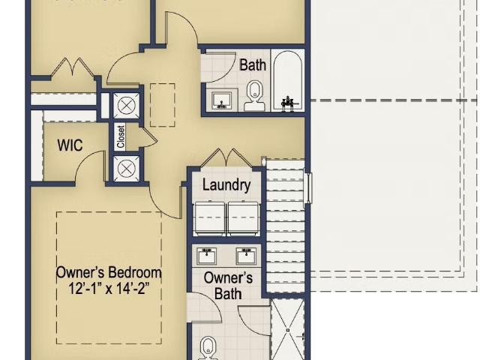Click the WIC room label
70,145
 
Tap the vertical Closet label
121,136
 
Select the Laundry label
226,185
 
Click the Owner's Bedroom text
109,272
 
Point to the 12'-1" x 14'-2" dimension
109,288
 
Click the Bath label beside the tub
253,65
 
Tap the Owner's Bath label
228,286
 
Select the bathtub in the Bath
288,80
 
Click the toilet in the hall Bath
253,96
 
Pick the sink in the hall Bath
221,100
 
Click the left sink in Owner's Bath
207,256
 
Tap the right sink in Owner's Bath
246,256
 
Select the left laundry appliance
210,218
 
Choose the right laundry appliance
244,218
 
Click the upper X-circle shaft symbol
127,106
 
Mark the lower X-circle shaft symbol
127,169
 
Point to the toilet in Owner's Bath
208,348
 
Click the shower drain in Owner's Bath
288,330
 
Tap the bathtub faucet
287,103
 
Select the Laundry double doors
226,158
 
